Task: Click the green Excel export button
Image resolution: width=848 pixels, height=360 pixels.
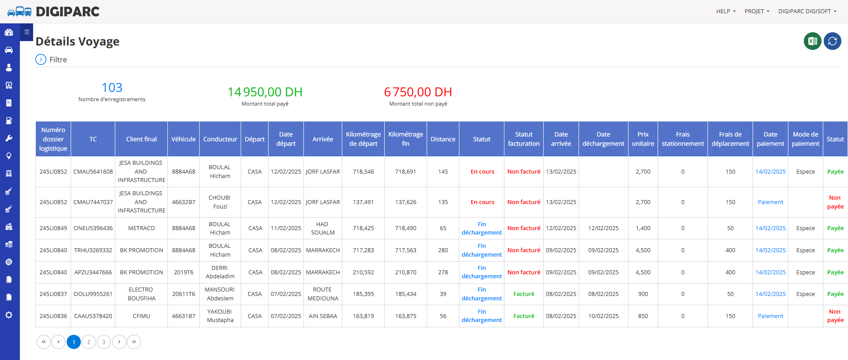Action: click(812, 41)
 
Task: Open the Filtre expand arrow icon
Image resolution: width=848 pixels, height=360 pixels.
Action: click(41, 60)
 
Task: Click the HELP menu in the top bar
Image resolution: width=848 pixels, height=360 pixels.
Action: click(726, 11)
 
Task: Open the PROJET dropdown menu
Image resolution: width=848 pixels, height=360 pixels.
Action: click(757, 11)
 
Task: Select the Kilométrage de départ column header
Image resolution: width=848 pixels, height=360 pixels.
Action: click(363, 139)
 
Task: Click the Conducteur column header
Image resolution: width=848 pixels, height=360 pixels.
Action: click(220, 139)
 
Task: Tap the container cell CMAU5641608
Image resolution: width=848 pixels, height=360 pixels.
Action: click(93, 172)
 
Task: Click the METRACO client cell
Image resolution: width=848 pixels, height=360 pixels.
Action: click(141, 228)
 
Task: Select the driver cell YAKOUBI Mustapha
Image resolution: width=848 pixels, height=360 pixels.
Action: click(220, 316)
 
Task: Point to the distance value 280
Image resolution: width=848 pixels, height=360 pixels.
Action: click(443, 250)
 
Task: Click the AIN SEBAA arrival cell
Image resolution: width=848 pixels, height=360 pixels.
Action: click(323, 316)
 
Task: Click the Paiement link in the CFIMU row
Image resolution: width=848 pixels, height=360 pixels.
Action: click(770, 316)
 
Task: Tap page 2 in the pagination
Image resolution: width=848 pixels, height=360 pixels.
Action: click(89, 342)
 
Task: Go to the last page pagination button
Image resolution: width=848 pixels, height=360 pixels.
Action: click(134, 342)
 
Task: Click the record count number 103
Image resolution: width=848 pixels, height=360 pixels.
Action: click(112, 87)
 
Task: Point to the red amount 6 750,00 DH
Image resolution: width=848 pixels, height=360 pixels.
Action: click(418, 92)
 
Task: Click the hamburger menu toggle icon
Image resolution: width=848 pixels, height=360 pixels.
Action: click(26, 32)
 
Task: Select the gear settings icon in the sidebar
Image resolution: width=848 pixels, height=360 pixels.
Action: click(9, 315)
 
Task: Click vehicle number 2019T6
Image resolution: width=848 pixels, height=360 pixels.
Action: click(183, 273)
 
